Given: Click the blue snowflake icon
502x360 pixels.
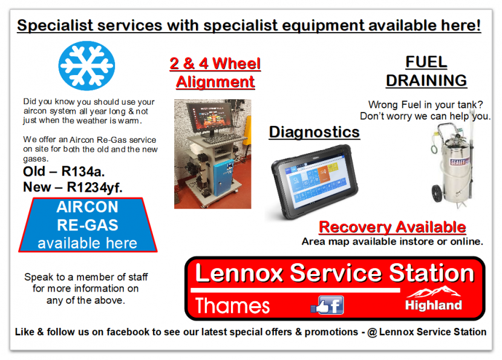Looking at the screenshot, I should (86, 65).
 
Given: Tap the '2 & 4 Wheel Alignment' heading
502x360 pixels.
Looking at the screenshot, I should (215, 73).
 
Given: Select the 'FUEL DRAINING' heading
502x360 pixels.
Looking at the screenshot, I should (426, 71).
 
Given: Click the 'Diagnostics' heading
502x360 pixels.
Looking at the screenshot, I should (314, 132).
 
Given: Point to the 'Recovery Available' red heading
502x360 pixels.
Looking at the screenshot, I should (392, 227).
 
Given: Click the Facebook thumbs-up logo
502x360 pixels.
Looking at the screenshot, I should (328, 305).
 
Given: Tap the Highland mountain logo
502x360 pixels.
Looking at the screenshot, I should (434, 299).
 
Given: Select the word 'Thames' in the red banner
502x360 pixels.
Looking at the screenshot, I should (232, 306).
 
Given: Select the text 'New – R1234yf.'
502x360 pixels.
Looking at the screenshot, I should (73, 187).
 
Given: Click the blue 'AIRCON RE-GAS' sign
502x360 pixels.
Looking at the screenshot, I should (87, 225).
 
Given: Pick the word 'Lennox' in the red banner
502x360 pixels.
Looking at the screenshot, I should (239, 273).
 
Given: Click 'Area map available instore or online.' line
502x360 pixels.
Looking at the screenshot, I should (392, 241).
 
